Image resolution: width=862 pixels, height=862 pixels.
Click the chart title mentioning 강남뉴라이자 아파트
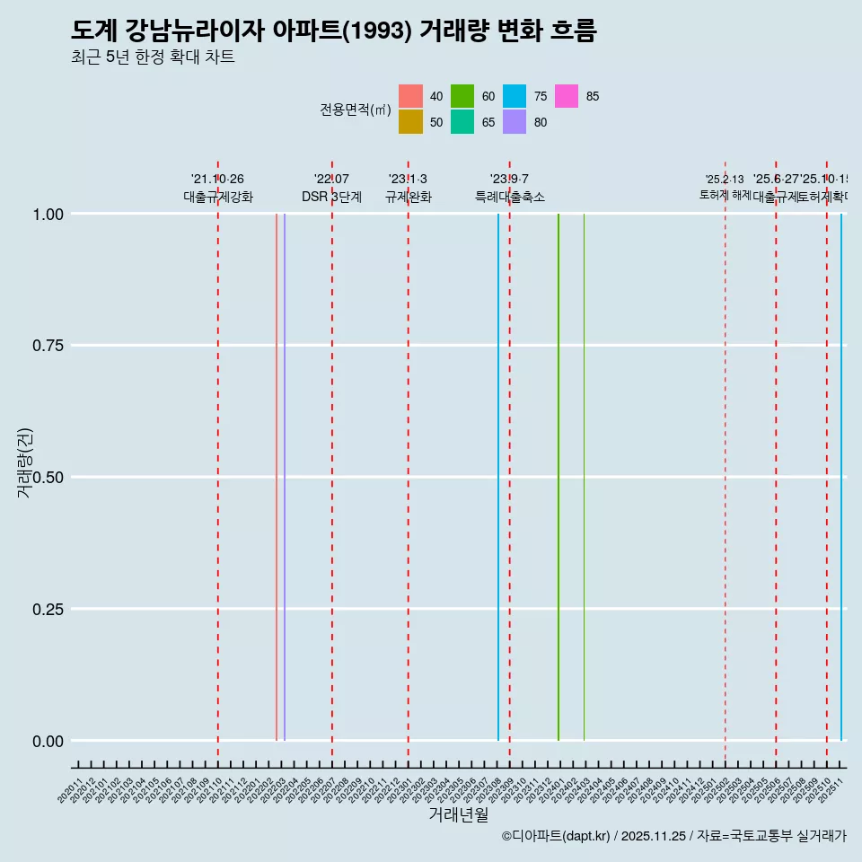[333, 31]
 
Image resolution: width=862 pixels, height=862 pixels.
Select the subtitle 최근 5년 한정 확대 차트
[153, 57]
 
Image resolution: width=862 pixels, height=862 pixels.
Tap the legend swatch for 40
[410, 96]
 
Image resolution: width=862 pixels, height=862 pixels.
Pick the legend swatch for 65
[462, 122]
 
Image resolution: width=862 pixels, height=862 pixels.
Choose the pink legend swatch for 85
[567, 96]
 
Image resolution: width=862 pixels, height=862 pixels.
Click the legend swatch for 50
[410, 122]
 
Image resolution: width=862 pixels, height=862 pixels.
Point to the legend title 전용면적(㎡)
[356, 110]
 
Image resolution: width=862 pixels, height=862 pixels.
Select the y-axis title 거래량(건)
[25, 462]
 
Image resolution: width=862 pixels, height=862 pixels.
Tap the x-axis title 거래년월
[458, 814]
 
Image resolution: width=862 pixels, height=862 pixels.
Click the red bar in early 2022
[277, 476]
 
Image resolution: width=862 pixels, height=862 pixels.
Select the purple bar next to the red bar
[285, 476]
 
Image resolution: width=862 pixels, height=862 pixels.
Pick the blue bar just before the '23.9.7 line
[498, 476]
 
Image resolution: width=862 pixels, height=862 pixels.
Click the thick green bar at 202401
[559, 476]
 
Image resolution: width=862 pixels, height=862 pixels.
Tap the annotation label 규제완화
[409, 198]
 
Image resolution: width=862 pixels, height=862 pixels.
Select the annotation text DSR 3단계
[331, 198]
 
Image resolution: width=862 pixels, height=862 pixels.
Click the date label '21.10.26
[217, 180]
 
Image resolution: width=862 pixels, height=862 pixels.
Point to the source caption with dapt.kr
[673, 836]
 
